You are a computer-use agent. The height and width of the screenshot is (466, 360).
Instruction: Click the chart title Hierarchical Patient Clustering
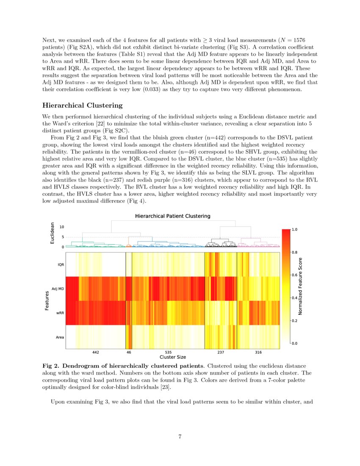click(x=172, y=216)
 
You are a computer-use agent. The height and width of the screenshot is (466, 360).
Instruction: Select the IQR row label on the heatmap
click(x=61, y=264)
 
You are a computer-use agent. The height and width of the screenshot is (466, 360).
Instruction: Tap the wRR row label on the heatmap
click(x=61, y=313)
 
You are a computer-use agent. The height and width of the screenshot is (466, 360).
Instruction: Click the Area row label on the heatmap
click(x=61, y=337)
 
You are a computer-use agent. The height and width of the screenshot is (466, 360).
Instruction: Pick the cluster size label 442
click(x=96, y=352)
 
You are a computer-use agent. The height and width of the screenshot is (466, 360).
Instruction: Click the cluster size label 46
click(x=129, y=352)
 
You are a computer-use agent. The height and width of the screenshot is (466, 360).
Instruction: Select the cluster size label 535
click(x=168, y=352)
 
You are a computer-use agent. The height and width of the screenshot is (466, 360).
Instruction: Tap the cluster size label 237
click(x=221, y=352)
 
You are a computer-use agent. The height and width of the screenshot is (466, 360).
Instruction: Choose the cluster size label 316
click(x=258, y=352)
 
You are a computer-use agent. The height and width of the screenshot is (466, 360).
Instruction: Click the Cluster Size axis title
click(x=172, y=357)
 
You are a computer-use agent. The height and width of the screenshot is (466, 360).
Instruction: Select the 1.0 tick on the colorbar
click(x=295, y=229)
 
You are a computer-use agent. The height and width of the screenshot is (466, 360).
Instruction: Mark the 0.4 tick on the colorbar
click(x=295, y=298)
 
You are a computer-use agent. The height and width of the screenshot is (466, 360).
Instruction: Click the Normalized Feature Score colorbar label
click(x=300, y=286)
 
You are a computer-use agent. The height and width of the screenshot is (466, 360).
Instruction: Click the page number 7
click(x=180, y=437)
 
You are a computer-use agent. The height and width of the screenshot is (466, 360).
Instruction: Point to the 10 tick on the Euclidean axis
click(x=62, y=227)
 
